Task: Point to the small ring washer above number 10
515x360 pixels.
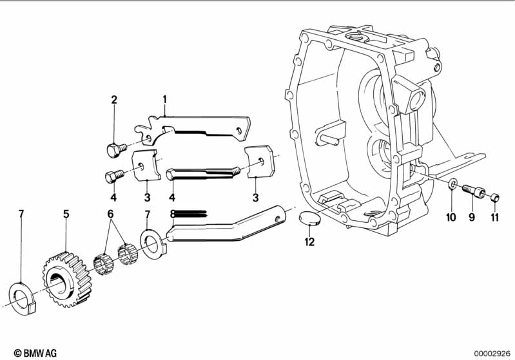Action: coord(453,185)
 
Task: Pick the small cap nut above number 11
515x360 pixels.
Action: coord(494,197)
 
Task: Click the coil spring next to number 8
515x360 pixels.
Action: coord(189,213)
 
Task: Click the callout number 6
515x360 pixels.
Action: coord(110,213)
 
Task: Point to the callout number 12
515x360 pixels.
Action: coord(311,242)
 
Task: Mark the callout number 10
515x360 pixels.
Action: coord(451,218)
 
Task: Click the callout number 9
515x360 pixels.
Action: coord(471,218)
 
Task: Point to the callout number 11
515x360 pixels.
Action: coord(494,218)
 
